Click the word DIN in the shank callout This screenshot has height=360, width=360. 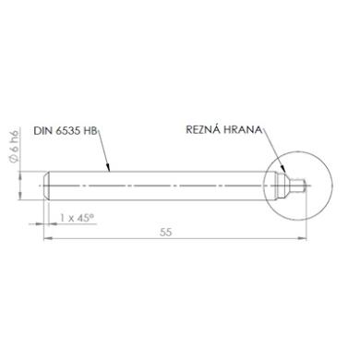click(x=42, y=131)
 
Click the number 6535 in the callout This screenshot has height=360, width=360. click(x=68, y=131)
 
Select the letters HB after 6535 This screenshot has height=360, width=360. click(x=90, y=131)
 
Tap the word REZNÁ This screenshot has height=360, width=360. click(x=203, y=129)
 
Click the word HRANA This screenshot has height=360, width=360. click(x=243, y=129)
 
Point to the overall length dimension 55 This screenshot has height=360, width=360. click(x=165, y=233)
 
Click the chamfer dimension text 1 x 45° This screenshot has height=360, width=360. click(x=77, y=218)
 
